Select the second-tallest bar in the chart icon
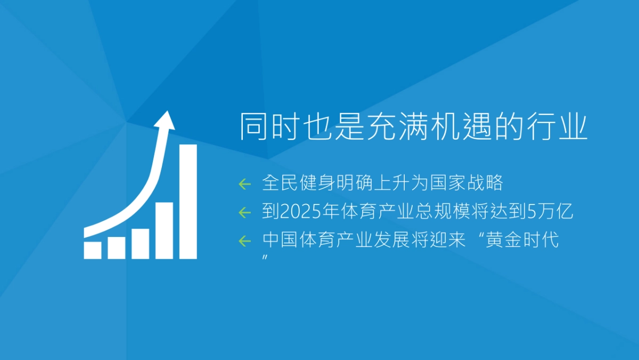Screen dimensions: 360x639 [x=165, y=230]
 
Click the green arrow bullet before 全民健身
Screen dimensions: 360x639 [x=244, y=184]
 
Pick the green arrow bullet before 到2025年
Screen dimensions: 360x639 [x=244, y=212]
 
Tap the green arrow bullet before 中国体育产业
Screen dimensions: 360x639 [x=244, y=241]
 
